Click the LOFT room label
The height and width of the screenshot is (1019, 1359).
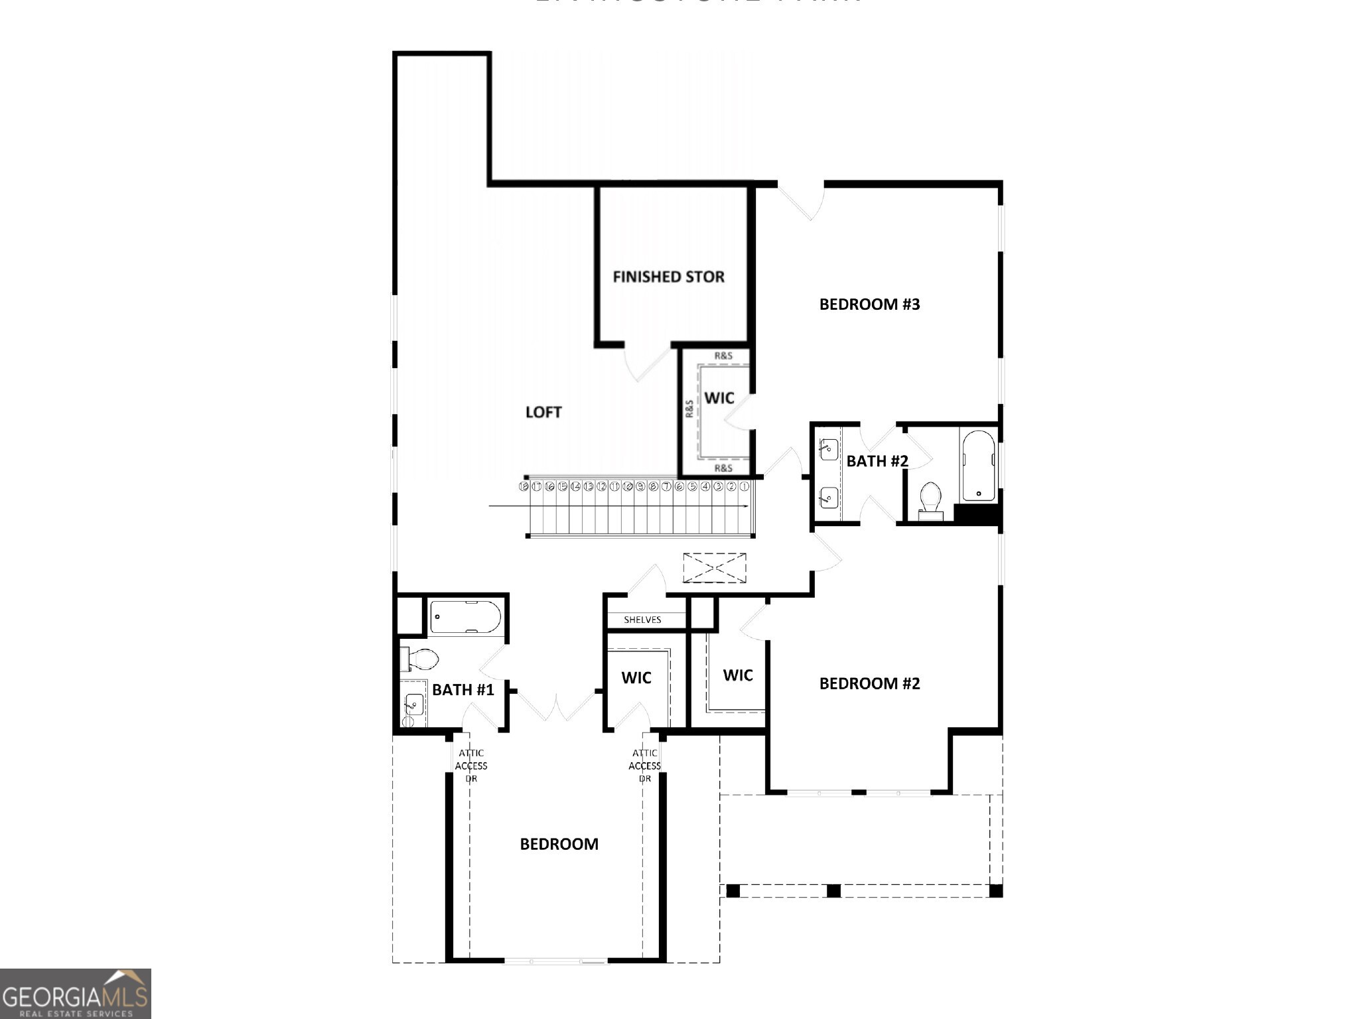coord(543,412)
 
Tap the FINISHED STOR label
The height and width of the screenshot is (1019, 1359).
coord(668,277)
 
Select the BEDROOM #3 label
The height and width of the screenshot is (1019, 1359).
coord(869,305)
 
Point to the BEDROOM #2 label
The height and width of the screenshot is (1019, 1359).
coord(869,683)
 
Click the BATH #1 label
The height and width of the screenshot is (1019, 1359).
coord(463,690)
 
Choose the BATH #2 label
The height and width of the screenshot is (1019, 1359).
coord(877,461)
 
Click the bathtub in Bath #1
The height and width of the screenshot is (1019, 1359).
coord(465,617)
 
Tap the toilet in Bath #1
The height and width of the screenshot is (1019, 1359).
coord(419,659)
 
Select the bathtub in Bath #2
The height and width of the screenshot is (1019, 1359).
coord(977,465)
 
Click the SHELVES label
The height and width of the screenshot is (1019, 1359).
coord(642,620)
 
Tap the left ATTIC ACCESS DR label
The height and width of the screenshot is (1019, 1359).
coord(471,766)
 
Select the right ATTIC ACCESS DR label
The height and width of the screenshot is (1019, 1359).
coord(645,766)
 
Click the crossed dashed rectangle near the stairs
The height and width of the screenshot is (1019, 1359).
coord(714,568)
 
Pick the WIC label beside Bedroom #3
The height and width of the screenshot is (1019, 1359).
coord(719,398)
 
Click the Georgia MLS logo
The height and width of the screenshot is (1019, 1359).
coord(75,994)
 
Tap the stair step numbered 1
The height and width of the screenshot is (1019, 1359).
coord(744,486)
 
